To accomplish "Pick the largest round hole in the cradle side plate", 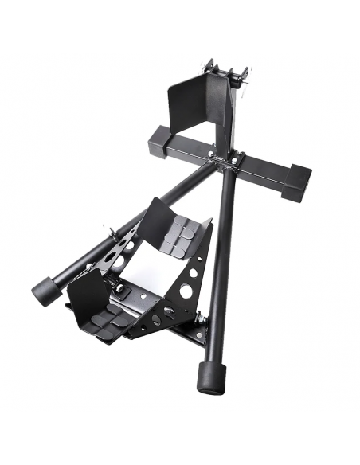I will [x=186, y=291].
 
